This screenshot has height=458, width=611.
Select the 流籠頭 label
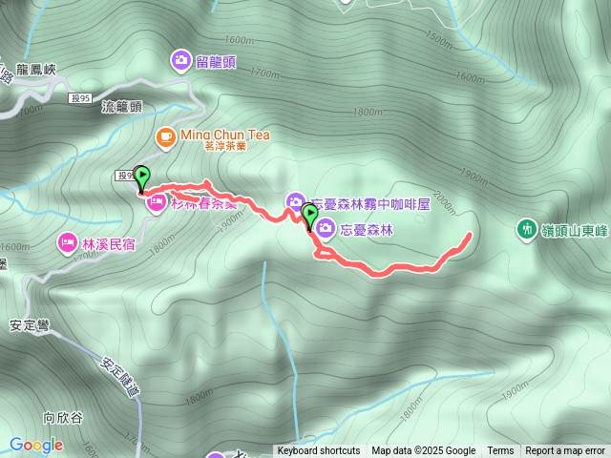point(121,108)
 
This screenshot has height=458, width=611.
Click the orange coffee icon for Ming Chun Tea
point(166,135)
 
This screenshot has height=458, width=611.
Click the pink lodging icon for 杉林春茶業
point(153,202)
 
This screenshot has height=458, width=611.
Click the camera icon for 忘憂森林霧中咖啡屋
point(294,200)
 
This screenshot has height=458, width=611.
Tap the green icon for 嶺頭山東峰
point(525,228)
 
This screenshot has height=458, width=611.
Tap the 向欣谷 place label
point(64,417)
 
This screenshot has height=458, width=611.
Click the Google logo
point(36,445)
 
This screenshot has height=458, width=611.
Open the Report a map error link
point(565,451)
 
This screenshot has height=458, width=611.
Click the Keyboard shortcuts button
point(319,451)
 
